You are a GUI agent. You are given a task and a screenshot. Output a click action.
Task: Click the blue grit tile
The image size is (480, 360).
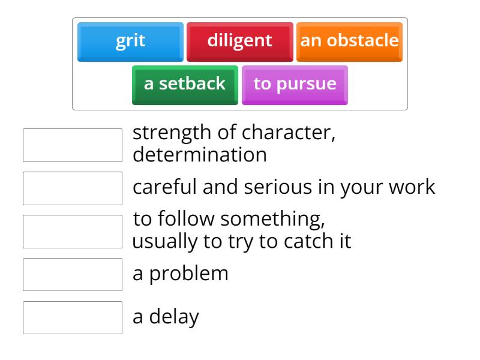click(130, 41)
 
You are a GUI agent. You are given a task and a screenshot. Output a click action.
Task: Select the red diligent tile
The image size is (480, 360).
click(239, 41)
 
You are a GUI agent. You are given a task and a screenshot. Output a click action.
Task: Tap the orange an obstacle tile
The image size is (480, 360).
click(349, 41)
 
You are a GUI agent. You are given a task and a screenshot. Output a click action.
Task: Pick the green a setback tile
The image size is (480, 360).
click(185, 84)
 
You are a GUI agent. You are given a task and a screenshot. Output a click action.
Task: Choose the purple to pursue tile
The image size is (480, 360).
click(295, 84)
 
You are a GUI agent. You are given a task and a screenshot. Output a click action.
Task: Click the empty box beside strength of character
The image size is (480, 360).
click(73, 145)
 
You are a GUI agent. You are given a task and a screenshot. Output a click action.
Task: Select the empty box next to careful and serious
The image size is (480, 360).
click(73, 188)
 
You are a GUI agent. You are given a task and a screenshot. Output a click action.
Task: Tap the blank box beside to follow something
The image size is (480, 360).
click(73, 232)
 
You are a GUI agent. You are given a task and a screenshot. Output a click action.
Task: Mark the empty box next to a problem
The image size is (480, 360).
click(73, 274)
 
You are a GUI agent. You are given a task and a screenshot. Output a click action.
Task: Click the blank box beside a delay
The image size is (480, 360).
click(73, 317)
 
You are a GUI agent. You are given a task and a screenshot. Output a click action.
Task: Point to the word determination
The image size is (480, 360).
click(200, 155)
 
